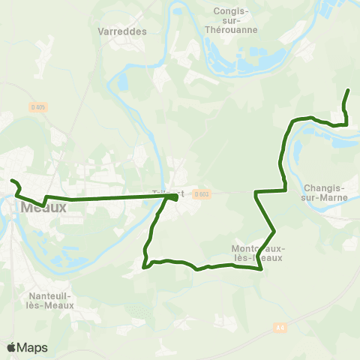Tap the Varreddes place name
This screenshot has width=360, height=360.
[122, 31]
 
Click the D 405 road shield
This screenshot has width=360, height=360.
[38, 107]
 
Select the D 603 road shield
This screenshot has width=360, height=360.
[199, 194]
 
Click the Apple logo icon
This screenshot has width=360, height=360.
[11, 347]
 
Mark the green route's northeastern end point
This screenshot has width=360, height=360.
[349, 91]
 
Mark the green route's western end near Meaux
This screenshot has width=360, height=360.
[11, 181]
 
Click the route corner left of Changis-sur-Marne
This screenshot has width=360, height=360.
[256, 193]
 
